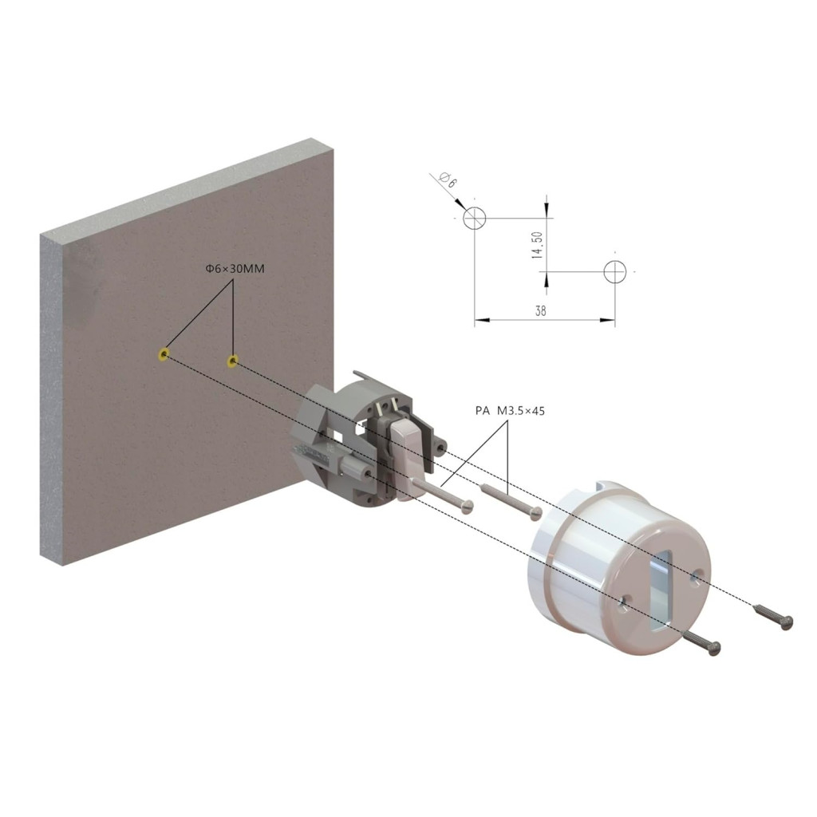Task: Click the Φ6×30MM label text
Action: coord(233,270)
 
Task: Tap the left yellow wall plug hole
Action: coord(164,353)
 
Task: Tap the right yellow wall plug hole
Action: coord(232,361)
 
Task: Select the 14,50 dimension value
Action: coord(538,245)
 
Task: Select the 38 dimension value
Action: coord(541,312)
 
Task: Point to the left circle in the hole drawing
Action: coord(474,217)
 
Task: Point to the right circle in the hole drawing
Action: coord(615,271)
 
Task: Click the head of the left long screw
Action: coord(468,506)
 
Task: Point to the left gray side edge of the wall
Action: coord(50,399)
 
